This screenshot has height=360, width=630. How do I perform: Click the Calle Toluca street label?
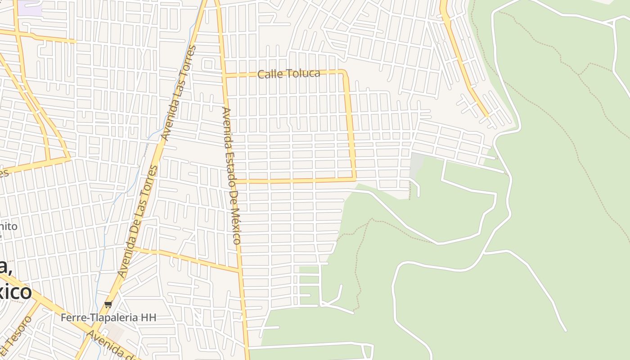point(288,74)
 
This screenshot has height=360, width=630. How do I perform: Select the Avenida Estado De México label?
point(231,175)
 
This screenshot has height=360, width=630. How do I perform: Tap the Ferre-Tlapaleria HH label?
point(108,318)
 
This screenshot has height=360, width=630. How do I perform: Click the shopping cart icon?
point(108,305)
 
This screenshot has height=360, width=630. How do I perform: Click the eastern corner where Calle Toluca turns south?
point(345,72)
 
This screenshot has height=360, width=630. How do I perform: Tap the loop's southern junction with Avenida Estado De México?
point(234,181)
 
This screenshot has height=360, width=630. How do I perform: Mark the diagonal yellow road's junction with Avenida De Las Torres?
point(133,248)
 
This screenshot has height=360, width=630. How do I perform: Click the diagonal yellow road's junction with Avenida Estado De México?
point(239,271)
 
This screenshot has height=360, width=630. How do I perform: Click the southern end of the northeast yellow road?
point(487,116)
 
